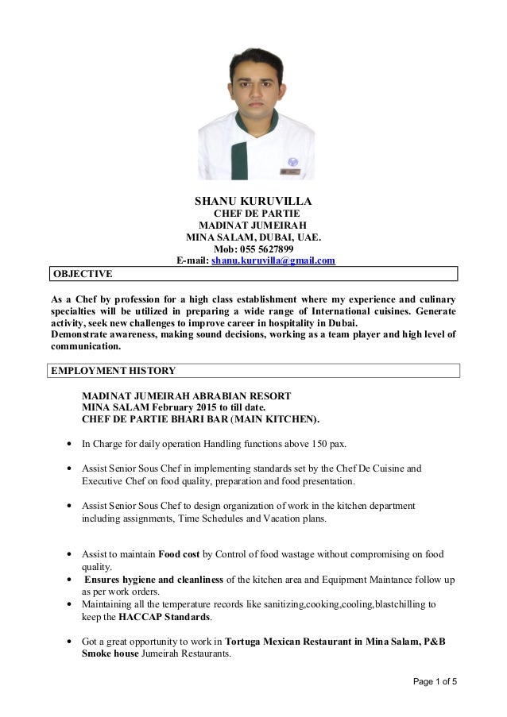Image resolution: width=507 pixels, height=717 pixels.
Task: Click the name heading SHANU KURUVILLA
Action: [x=253, y=201]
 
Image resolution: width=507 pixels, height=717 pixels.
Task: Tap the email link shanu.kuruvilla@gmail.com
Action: [x=273, y=260]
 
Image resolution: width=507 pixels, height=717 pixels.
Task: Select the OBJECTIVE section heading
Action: [x=82, y=274]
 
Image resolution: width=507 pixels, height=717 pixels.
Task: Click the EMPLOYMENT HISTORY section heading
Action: [x=113, y=371]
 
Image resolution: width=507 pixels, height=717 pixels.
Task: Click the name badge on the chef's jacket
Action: [x=291, y=170]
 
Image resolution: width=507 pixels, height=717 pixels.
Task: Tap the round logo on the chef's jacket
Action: [x=293, y=160]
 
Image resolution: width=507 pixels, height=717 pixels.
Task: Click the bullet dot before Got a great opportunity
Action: [x=73, y=642]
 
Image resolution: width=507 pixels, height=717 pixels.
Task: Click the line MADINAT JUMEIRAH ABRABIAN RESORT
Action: [x=187, y=395]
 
